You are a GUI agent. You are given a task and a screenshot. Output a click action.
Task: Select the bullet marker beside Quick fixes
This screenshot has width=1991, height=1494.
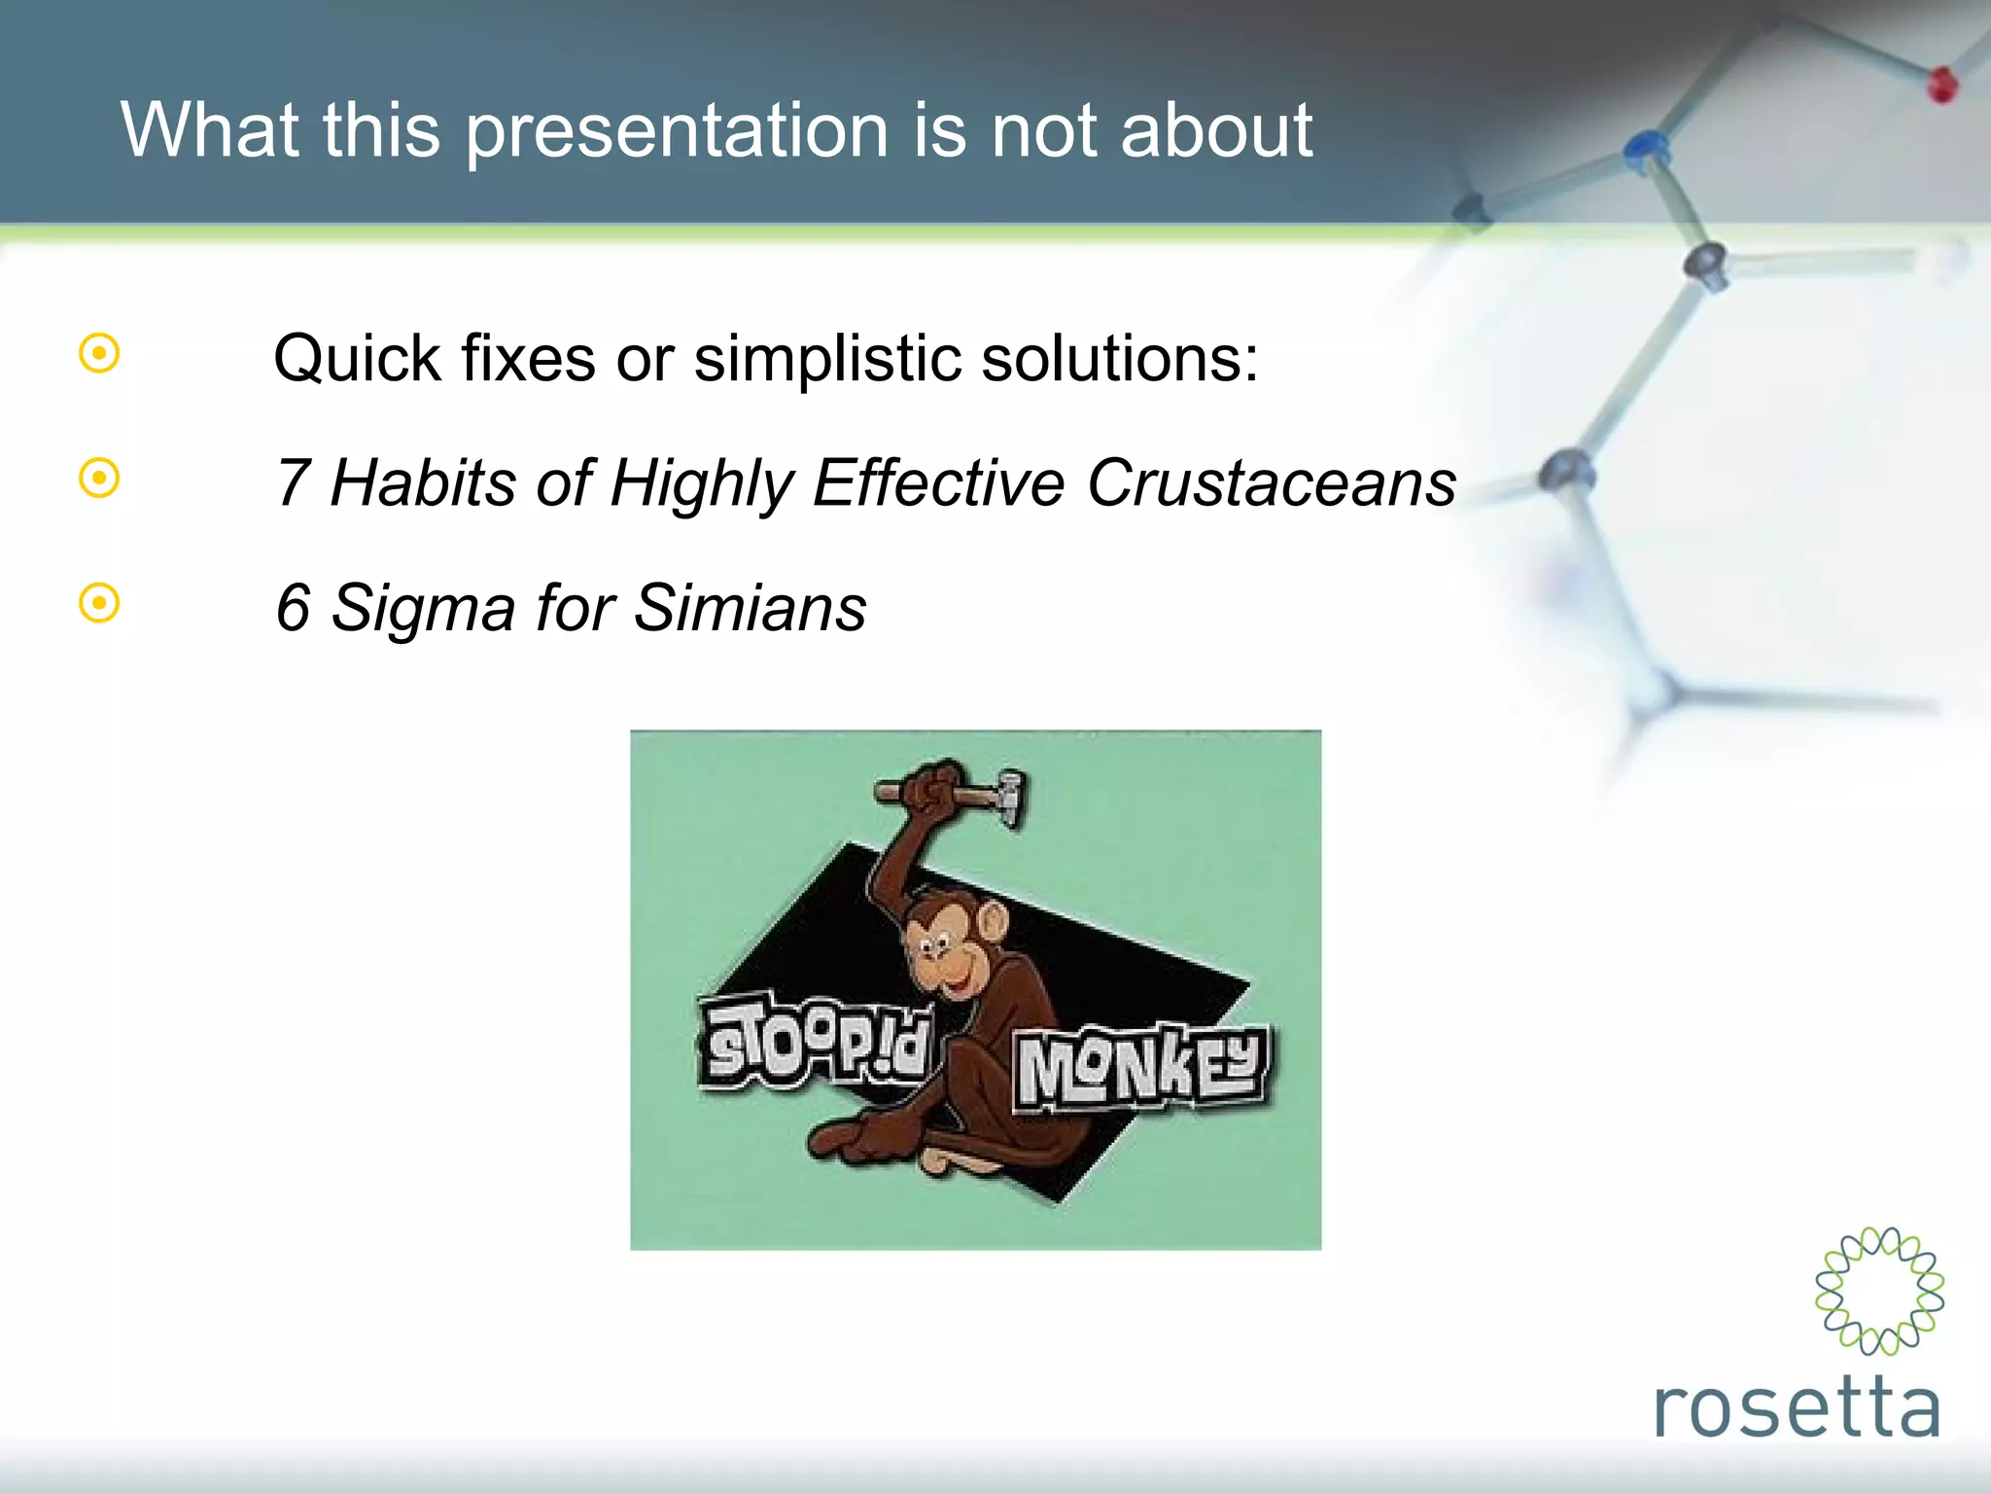coord(99,353)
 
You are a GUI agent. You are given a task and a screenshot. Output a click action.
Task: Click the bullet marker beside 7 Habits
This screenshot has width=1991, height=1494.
coord(99,478)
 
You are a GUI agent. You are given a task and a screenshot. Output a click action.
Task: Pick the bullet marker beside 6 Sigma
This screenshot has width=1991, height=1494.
coord(99,603)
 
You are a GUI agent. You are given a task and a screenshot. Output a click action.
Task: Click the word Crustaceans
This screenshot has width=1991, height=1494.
coord(1271,482)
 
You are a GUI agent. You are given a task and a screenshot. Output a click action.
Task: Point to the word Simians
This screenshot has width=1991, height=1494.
coord(750,608)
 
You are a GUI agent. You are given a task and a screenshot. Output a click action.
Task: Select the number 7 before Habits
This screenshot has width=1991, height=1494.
coord(293,482)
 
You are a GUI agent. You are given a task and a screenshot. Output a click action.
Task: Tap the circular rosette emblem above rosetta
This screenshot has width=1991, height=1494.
coord(1879,1291)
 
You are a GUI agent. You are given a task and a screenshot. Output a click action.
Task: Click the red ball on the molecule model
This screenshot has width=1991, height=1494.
coord(1941,86)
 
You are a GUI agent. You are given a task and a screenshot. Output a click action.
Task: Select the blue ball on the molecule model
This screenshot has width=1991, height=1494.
coord(1645,148)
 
